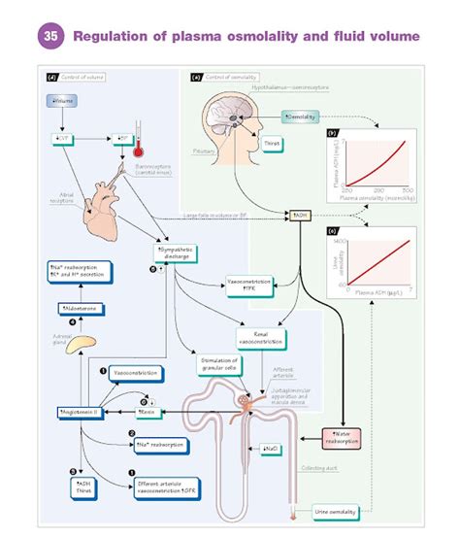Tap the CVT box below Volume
(60, 139)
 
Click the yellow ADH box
(300, 215)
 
